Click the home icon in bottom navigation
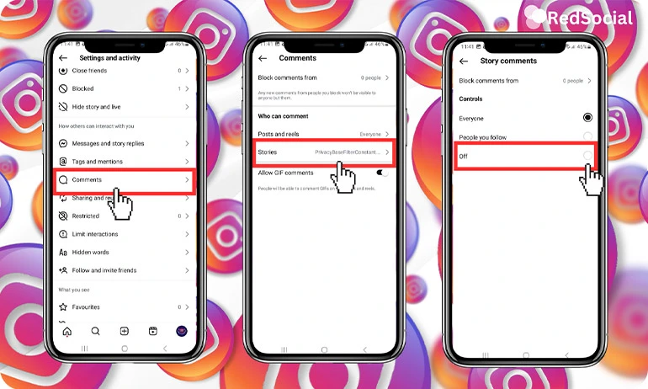pos(67,331)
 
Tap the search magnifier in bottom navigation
pos(95,331)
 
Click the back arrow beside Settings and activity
pos(63,58)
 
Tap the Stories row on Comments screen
pos(324,152)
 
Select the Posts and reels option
pos(324,134)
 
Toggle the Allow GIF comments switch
pos(382,172)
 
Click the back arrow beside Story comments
pos(464,61)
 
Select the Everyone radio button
pos(587,118)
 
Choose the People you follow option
pos(587,136)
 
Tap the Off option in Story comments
pos(525,156)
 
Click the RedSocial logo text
pos(588,18)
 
